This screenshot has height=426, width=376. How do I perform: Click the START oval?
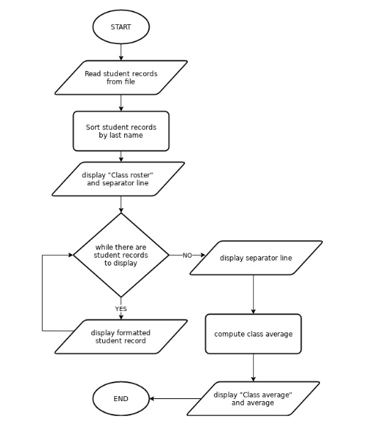pyautogui.click(x=121, y=27)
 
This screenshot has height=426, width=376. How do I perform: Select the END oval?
pyautogui.click(x=121, y=398)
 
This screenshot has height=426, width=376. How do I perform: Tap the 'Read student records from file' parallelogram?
pyautogui.click(x=121, y=77)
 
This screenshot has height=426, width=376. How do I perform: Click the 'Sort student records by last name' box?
pyautogui.click(x=121, y=131)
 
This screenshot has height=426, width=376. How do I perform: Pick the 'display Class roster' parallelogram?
pyautogui.click(x=118, y=179)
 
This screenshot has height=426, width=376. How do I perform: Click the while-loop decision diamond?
pyautogui.click(x=121, y=255)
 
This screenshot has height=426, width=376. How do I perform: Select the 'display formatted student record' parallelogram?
pyautogui.click(x=121, y=336)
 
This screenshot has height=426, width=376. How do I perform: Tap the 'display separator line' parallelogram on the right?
pyautogui.click(x=253, y=258)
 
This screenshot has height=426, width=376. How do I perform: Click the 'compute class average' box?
pyautogui.click(x=253, y=334)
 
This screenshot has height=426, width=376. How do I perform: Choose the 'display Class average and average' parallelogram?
pyautogui.click(x=253, y=398)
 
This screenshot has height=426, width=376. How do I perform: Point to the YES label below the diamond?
pyautogui.click(x=121, y=309)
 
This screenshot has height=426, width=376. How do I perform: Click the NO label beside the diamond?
pyautogui.click(x=187, y=255)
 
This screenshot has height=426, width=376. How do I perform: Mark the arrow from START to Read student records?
pyautogui.click(x=121, y=51)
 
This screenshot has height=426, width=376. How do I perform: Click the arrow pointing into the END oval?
pyautogui.click(x=170, y=398)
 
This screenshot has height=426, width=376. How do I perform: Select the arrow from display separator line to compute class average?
pyautogui.click(x=253, y=294)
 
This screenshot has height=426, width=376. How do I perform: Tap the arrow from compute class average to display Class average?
pyautogui.click(x=253, y=368)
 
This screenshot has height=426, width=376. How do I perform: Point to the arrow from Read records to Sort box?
pyautogui.click(x=121, y=103)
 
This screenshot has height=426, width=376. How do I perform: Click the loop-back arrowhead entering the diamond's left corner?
pyautogui.click(x=69, y=255)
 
